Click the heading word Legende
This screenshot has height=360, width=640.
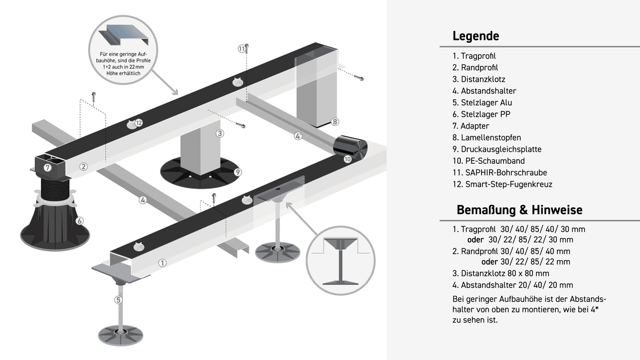point(476,36)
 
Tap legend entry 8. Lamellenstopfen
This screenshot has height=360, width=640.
point(487,138)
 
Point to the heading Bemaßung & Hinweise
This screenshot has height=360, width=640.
point(519,210)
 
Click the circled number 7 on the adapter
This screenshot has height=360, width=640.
point(47,167)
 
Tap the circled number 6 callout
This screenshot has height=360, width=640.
point(80,221)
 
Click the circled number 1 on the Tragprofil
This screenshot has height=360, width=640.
point(163,262)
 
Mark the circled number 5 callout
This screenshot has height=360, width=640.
point(118,300)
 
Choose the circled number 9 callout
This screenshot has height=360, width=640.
point(238,172)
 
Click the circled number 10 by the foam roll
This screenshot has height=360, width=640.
point(347,159)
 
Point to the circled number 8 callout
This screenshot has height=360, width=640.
point(335,122)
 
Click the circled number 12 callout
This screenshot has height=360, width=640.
point(139,123)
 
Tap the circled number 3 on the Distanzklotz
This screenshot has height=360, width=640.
point(219,133)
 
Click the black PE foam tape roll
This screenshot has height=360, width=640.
point(351,145)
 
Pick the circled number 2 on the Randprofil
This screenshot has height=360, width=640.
point(83,166)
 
